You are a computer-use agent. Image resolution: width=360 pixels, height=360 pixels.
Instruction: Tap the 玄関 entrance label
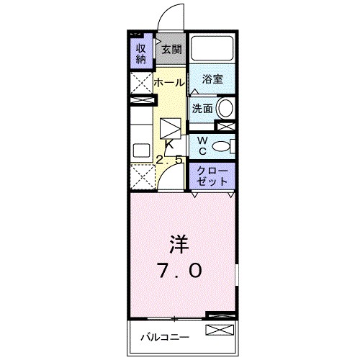pos(171,50)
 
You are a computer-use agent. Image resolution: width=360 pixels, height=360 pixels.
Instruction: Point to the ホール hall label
pos(168,83)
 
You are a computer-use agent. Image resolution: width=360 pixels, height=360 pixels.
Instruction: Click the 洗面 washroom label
pos(201,109)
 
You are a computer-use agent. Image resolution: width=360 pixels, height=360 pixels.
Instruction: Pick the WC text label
pos(202,145)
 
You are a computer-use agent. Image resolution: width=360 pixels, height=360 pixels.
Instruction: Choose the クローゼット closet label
pos(212,176)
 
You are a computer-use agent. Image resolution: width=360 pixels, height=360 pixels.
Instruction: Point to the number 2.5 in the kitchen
pos(170,159)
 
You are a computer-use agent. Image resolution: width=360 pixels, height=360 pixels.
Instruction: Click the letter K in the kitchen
pos(170,145)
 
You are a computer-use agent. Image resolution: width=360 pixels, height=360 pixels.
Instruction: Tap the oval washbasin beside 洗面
pos(226,109)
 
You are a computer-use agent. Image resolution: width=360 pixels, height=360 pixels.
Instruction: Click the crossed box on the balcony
pos(220,330)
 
